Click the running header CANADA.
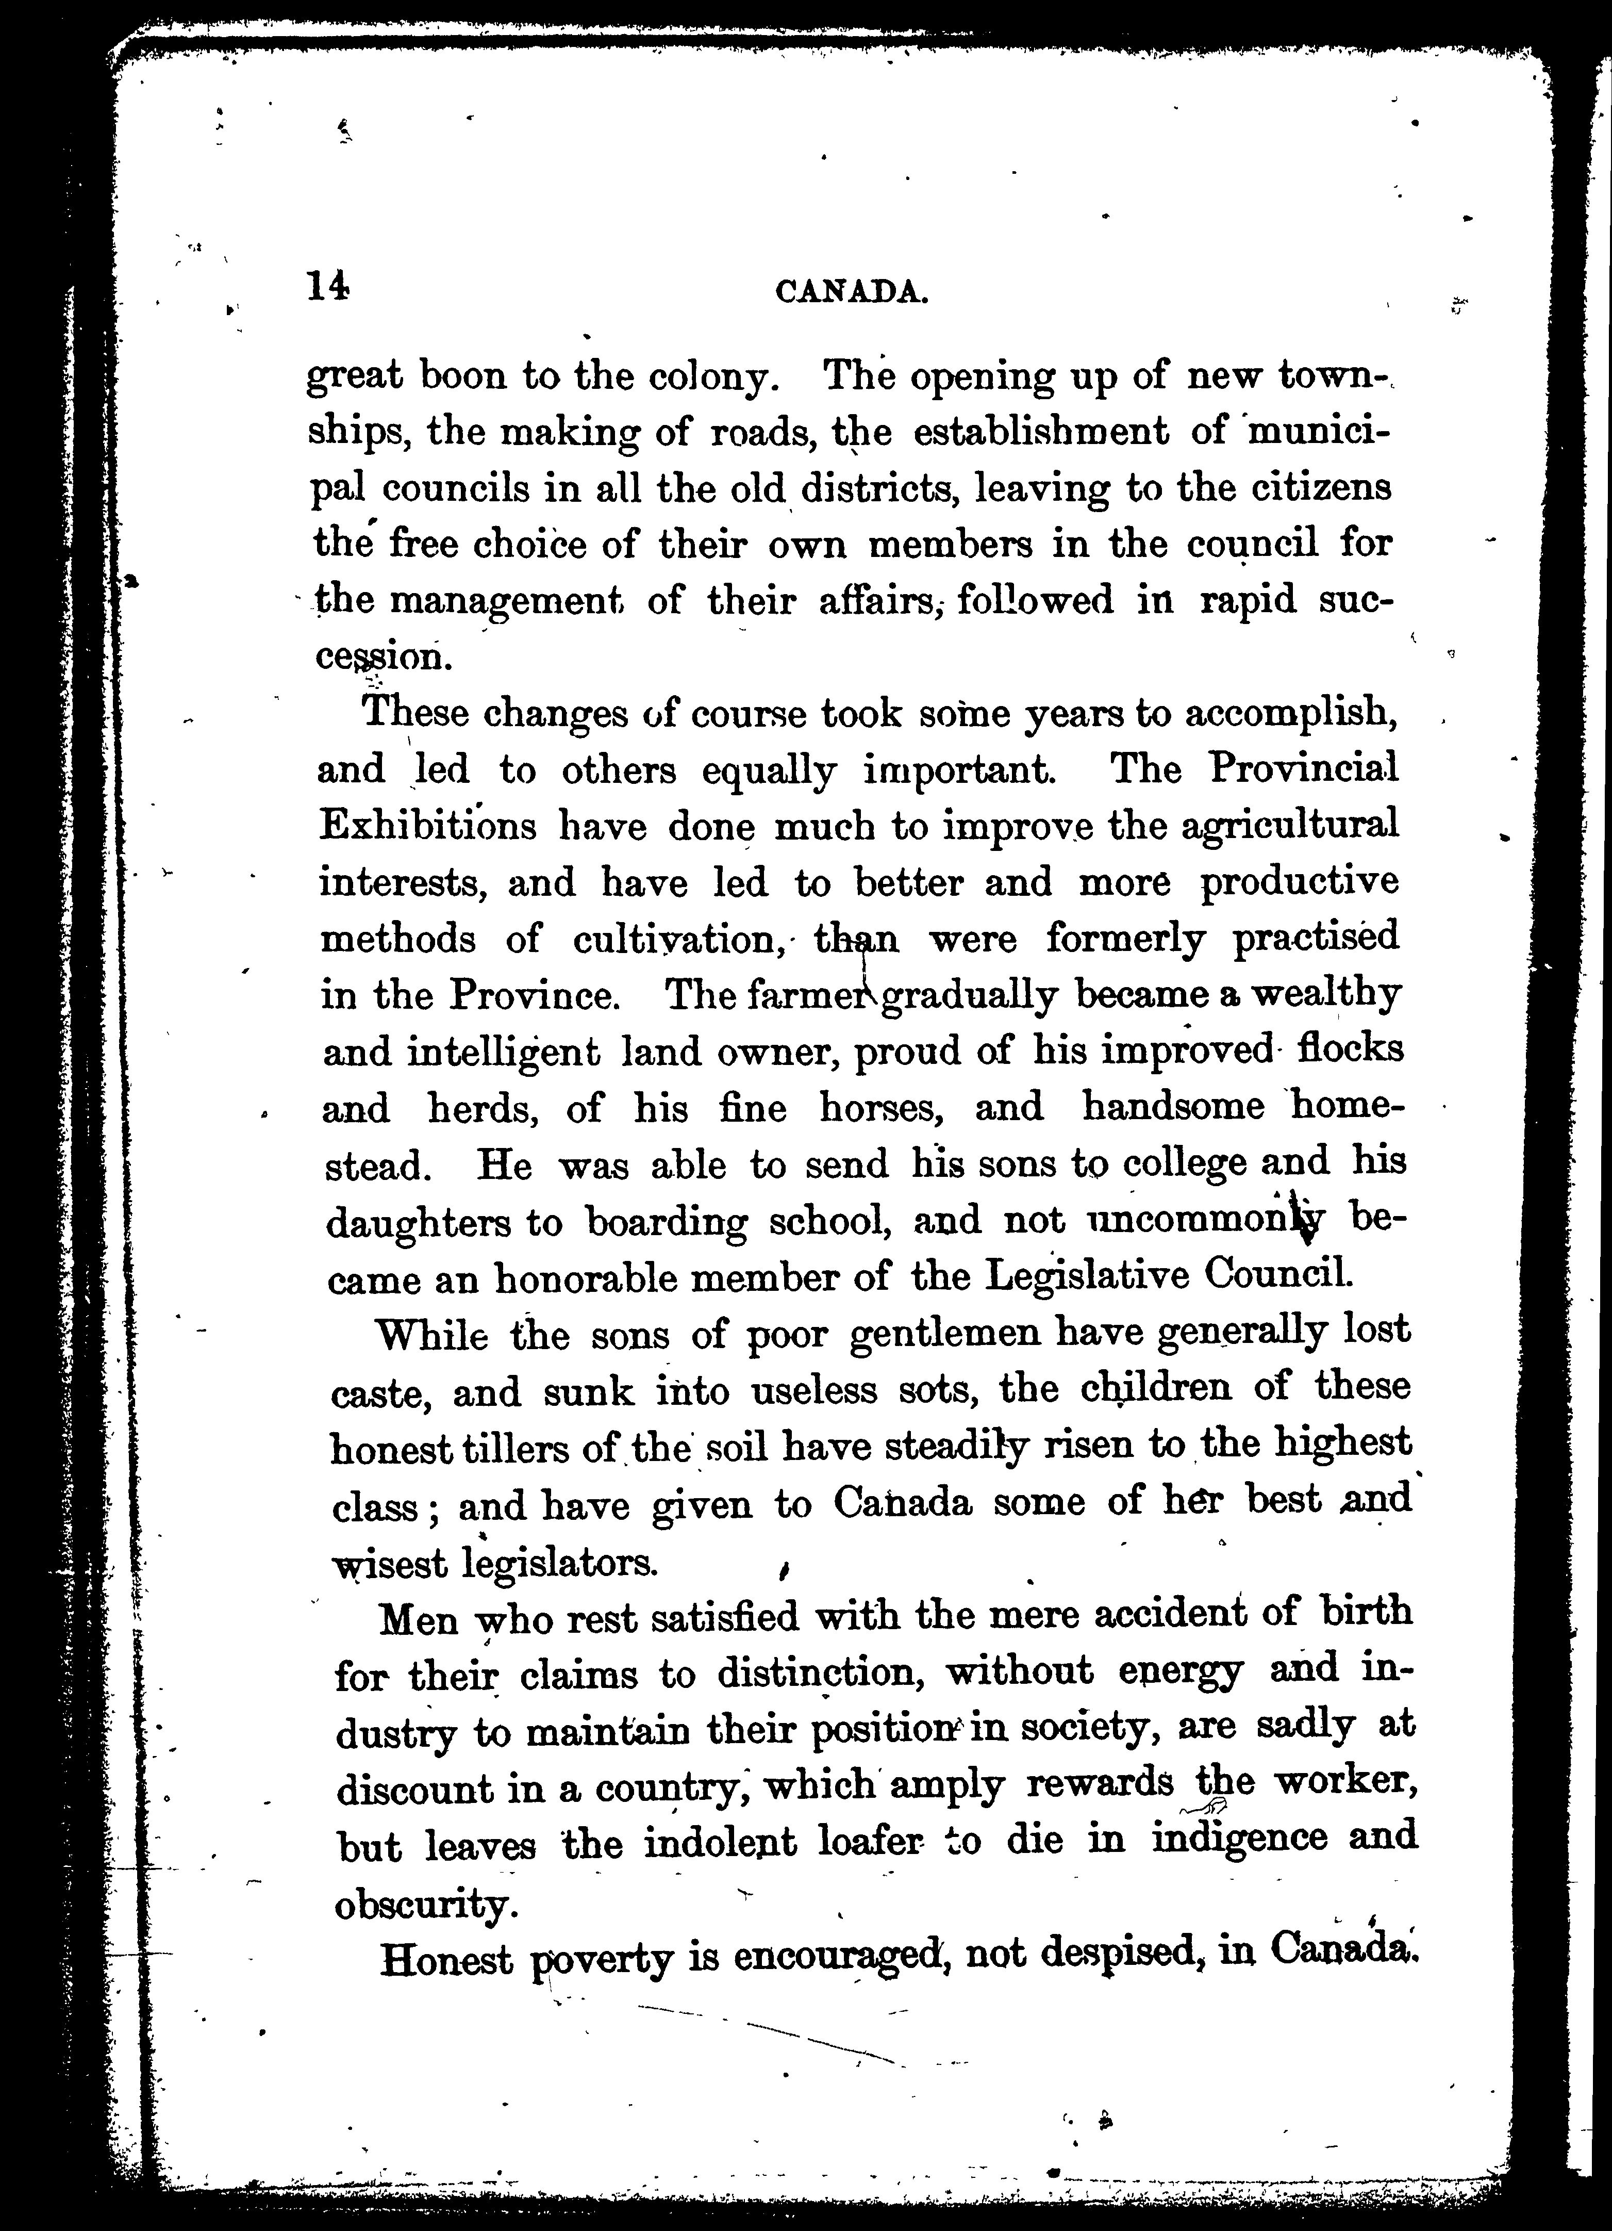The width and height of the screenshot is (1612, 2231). coord(852,292)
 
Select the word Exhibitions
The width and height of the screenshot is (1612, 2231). coord(428,825)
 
